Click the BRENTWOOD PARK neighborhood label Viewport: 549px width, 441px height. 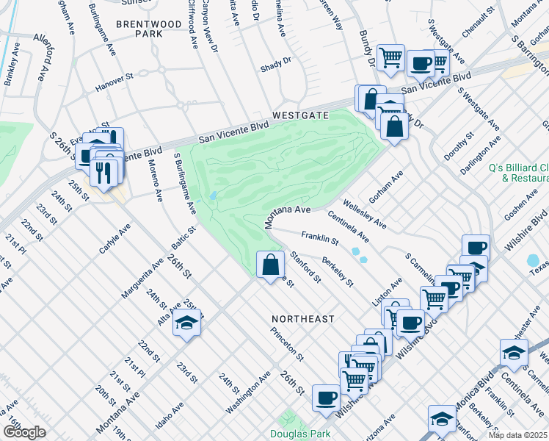(149, 29)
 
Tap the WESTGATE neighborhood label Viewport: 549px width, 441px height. (299, 116)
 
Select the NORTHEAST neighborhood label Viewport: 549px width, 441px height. (302, 319)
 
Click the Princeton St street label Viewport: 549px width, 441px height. (286, 345)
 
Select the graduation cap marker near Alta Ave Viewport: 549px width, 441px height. (187, 324)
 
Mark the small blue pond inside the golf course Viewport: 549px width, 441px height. (212, 196)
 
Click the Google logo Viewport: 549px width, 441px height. (23, 432)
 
